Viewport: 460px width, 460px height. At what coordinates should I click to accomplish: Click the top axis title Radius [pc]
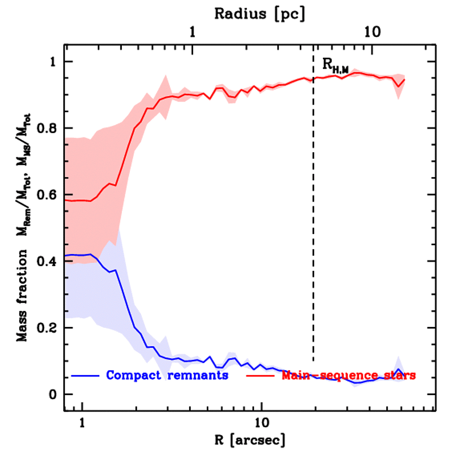click(260, 14)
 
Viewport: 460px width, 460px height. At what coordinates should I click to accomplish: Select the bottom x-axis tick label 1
click(82, 424)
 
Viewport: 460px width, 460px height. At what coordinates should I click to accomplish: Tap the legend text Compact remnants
click(167, 375)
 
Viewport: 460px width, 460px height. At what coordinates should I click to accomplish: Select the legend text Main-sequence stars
click(349, 375)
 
